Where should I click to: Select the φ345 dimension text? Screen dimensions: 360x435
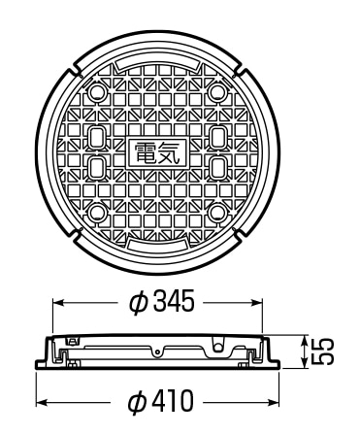(x=162, y=301)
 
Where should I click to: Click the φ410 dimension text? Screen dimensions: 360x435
(x=161, y=402)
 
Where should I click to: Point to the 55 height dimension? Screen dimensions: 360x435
(x=322, y=351)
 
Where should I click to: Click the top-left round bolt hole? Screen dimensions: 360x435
(x=96, y=92)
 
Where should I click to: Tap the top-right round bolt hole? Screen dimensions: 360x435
(x=217, y=92)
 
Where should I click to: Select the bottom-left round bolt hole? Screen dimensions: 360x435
(x=96, y=214)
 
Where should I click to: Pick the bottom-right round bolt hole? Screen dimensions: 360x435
(x=217, y=214)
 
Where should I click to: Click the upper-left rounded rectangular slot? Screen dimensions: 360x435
(x=96, y=138)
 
